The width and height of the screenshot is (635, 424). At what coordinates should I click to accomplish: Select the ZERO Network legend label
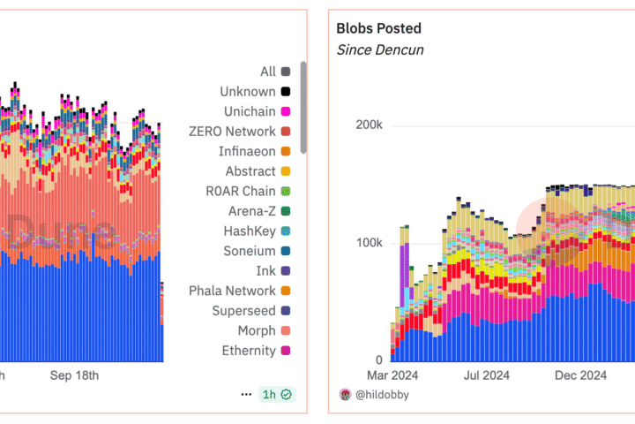(233, 131)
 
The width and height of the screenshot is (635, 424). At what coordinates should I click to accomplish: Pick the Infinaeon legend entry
(247, 151)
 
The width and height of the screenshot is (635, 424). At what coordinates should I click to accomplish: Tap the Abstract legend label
(250, 171)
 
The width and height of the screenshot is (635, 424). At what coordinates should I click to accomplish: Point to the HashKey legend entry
(250, 231)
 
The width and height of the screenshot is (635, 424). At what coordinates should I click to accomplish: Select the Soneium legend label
(249, 251)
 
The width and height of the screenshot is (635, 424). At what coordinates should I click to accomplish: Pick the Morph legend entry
(256, 330)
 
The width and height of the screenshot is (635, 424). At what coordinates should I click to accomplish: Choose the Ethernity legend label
(250, 351)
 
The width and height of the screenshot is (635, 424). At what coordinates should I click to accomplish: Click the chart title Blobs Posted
(378, 28)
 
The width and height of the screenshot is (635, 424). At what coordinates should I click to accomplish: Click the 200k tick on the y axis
(369, 125)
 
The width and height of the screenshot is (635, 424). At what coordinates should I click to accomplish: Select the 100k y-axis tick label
(369, 243)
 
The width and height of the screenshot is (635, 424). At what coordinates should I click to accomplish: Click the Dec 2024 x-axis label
(579, 375)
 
